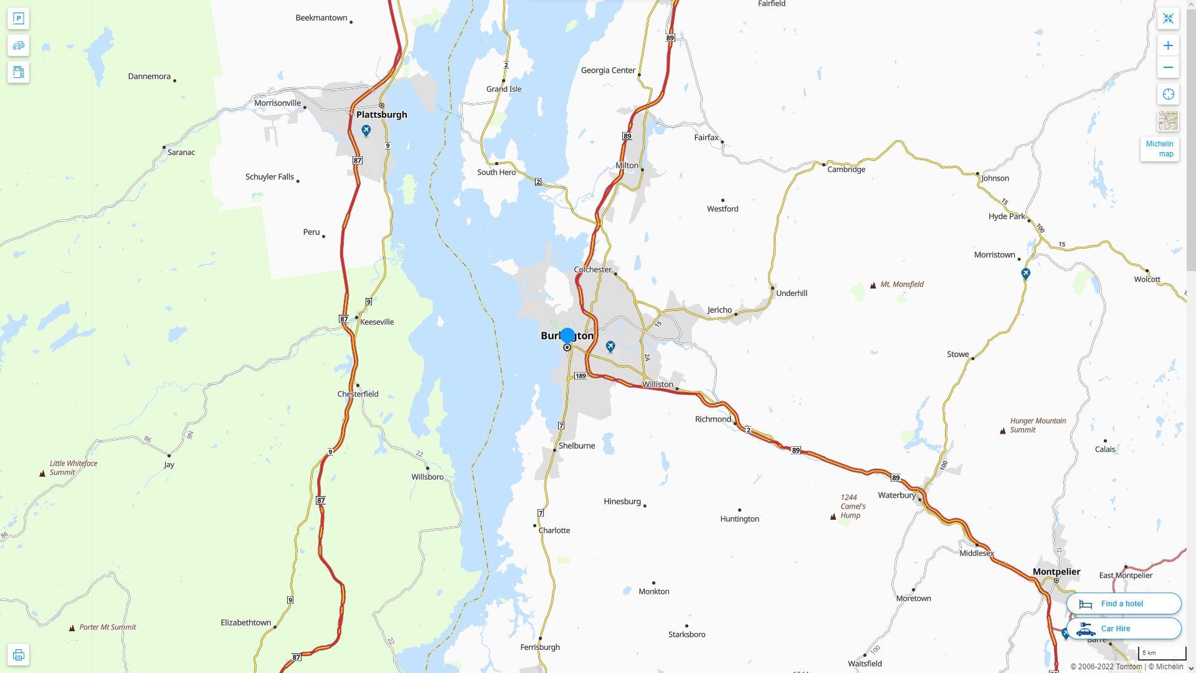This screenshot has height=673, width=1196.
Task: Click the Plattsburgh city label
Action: (381, 115)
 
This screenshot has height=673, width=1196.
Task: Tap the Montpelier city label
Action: (1056, 571)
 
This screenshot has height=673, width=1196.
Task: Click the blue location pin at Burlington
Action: (567, 336)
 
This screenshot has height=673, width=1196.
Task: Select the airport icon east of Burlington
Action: (610, 346)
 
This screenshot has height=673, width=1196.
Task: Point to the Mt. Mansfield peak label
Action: (901, 284)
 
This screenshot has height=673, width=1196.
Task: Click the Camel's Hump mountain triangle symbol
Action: (833, 516)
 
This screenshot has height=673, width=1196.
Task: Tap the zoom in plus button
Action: (1168, 45)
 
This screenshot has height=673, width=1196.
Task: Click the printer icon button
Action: (18, 655)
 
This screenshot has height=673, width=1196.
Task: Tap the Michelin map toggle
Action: (1159, 149)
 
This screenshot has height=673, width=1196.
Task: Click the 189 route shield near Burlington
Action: (581, 376)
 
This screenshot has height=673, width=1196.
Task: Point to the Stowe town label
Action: (957, 354)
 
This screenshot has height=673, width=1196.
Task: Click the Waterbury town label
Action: (896, 495)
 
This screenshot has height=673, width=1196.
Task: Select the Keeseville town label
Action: (377, 322)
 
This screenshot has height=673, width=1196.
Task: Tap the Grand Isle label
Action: (503, 89)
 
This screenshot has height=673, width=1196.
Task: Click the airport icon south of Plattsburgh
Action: (366, 130)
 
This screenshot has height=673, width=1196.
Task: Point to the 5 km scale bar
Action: (1162, 654)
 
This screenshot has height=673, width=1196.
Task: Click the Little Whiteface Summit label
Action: (73, 467)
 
